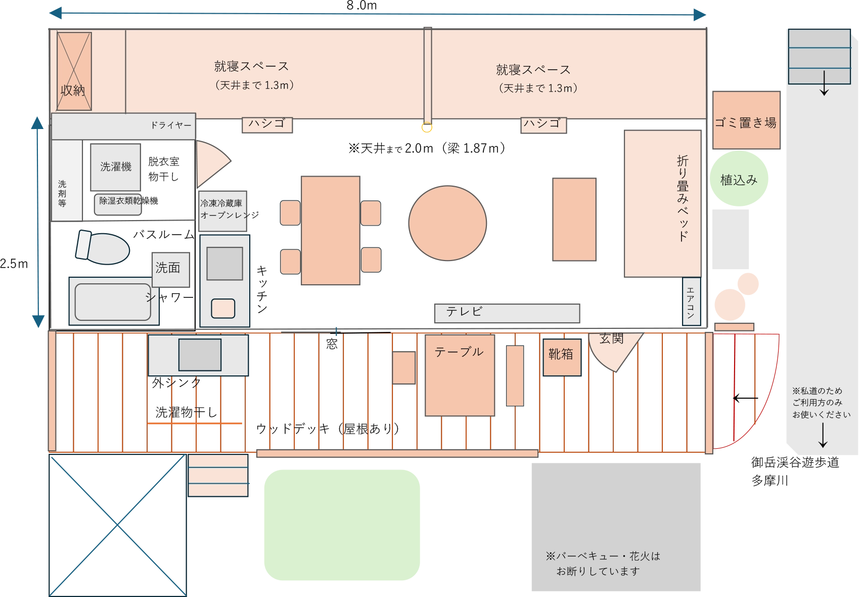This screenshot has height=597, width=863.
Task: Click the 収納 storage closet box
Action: (74, 71)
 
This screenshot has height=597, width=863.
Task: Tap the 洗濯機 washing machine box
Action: (116, 167)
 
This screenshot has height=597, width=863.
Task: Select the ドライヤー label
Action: (171, 125)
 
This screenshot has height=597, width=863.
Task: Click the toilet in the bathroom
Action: (103, 247)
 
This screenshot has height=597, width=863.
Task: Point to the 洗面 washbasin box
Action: (171, 270)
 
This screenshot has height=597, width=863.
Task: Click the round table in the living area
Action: (447, 223)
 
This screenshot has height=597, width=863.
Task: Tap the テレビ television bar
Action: (507, 313)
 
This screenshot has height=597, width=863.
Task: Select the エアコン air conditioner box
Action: (692, 301)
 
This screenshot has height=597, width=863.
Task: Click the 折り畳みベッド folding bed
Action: (662, 203)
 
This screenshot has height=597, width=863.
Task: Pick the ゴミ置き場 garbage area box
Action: (746, 120)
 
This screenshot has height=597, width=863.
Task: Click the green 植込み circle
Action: (739, 178)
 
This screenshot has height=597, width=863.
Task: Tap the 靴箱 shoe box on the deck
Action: (562, 357)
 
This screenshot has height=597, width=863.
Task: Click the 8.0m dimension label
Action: (361, 6)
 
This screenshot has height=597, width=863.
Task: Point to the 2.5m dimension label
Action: (14, 264)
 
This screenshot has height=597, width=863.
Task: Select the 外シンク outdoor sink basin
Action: (200, 355)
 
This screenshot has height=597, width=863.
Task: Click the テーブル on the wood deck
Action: (460, 375)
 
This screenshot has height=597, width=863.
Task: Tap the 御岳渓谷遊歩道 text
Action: (795, 462)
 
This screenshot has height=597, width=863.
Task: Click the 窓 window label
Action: (332, 344)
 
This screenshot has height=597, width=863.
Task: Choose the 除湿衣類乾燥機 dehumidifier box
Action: (118, 204)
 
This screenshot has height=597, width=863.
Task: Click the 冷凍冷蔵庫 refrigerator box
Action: (222, 211)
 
